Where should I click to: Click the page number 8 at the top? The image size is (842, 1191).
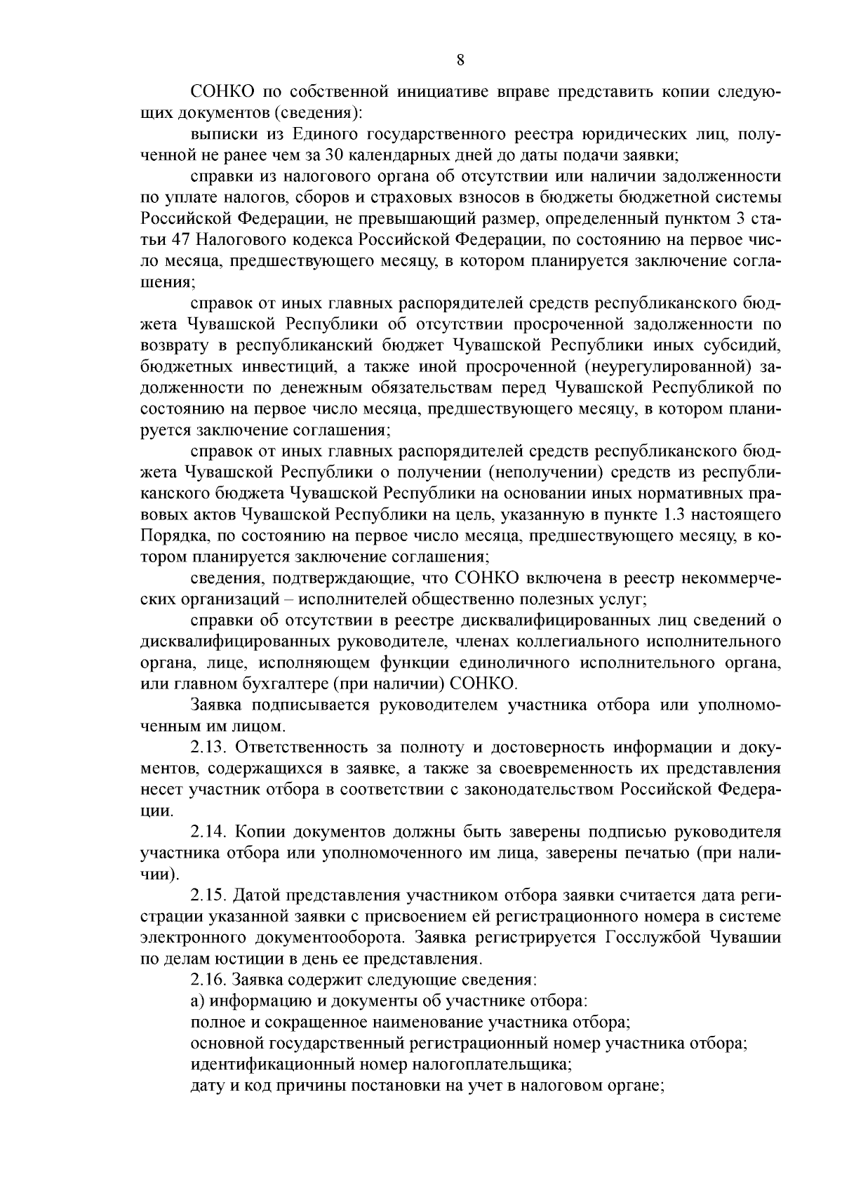(x=460, y=60)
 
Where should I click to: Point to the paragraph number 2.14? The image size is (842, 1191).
(x=209, y=832)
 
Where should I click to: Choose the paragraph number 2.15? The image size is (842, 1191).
(x=209, y=896)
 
